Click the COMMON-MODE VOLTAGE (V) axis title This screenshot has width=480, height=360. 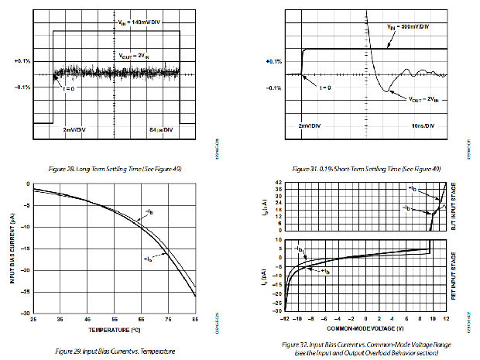[368, 326]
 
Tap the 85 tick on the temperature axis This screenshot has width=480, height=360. [196, 319]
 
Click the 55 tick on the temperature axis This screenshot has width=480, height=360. [115, 319]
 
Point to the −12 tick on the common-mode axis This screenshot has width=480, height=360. [286, 318]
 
